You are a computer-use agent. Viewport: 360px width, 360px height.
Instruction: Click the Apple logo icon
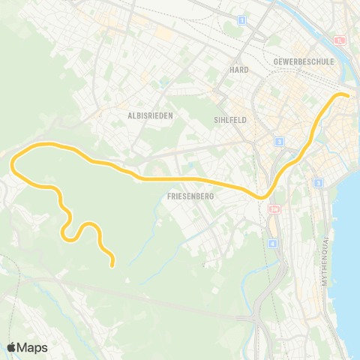[x=12, y=347]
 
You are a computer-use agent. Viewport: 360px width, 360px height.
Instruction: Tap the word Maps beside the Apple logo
[x=33, y=347]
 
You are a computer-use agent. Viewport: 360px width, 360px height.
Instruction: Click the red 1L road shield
[x=340, y=40]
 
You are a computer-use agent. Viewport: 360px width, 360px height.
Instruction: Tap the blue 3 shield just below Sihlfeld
[x=278, y=141]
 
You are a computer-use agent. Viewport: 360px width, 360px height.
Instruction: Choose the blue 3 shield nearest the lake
[x=318, y=183]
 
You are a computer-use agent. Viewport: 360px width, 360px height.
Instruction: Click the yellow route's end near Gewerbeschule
[x=346, y=94]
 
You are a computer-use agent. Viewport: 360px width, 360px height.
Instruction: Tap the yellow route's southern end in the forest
[x=112, y=264]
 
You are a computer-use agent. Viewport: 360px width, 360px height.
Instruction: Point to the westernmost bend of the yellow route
[x=13, y=163]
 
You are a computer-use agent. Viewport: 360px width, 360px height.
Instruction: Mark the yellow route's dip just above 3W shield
[x=263, y=196]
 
